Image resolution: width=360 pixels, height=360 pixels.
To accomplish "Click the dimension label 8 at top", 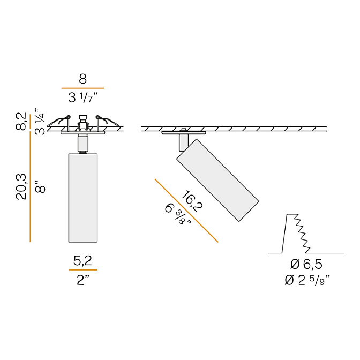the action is click(x=82, y=79).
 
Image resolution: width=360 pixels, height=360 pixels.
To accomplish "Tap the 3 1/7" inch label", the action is click(x=83, y=98).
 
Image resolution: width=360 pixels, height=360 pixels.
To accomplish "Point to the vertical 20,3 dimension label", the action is click(x=21, y=186).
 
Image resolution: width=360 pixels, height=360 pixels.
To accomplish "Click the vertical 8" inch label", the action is click(x=40, y=186).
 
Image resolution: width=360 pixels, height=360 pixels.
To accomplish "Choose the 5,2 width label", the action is click(x=82, y=260).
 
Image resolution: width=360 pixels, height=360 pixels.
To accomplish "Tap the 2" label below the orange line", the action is click(x=83, y=280).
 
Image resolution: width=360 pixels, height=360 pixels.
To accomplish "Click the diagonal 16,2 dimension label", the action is click(x=192, y=201).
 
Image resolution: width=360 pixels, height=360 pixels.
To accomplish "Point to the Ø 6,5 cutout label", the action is click(x=306, y=265).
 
